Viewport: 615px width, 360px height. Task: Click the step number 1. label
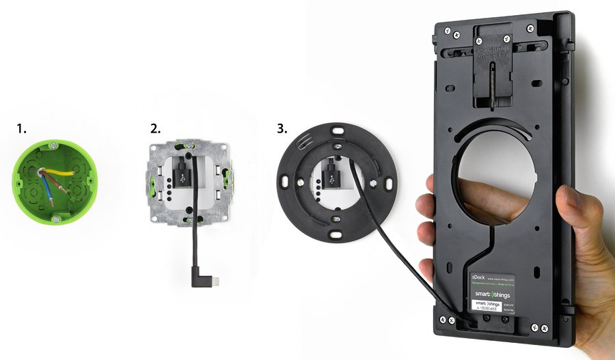22,128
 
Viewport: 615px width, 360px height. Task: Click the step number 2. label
156,128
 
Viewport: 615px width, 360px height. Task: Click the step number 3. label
281,128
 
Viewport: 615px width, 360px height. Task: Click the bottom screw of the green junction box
55,218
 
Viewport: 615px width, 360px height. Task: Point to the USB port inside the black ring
331,177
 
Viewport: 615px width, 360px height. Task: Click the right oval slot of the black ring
389,183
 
